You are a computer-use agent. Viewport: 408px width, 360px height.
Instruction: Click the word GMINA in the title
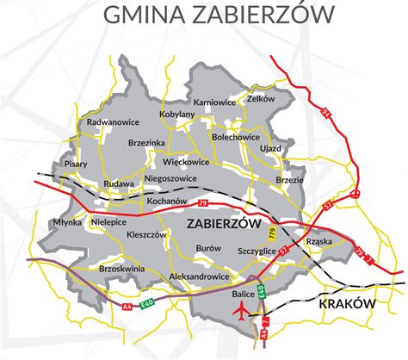click(142, 15)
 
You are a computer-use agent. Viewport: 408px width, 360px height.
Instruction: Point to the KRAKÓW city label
click(348, 305)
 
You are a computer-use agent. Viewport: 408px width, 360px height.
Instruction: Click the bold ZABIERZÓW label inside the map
click(223, 223)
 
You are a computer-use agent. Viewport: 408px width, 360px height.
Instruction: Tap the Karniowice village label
click(214, 102)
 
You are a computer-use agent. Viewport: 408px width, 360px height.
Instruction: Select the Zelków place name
click(260, 98)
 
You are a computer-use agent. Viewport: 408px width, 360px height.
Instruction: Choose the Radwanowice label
click(114, 123)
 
